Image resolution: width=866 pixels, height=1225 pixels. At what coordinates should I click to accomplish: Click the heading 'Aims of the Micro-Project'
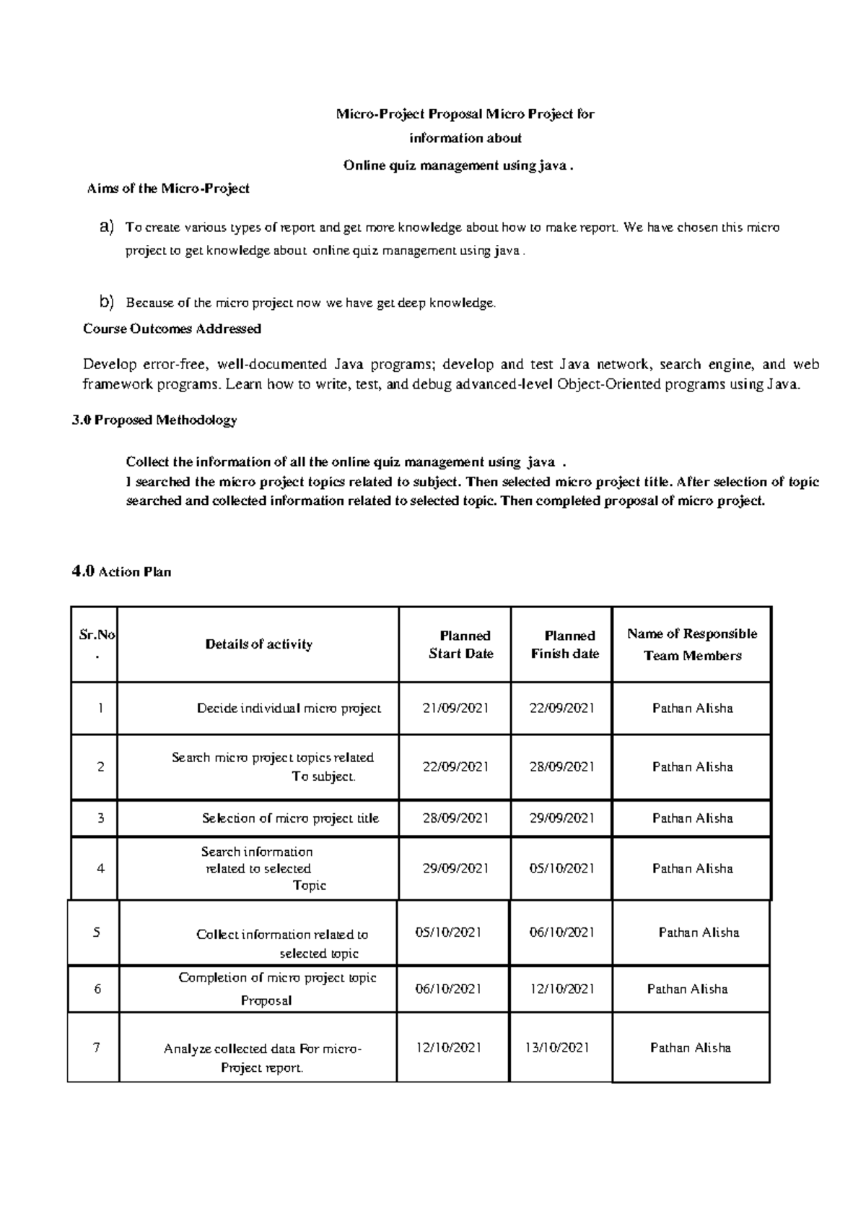click(167, 189)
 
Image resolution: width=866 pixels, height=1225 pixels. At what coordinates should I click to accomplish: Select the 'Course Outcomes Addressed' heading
click(172, 329)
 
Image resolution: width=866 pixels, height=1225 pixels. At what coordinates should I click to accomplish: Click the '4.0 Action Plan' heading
click(121, 571)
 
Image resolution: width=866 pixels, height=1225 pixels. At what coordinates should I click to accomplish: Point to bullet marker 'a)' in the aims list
click(107, 228)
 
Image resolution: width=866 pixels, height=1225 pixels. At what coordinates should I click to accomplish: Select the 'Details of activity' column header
click(258, 644)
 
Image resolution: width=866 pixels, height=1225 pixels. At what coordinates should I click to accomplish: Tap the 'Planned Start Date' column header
click(461, 644)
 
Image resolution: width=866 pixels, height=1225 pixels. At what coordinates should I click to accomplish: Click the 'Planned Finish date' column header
click(565, 644)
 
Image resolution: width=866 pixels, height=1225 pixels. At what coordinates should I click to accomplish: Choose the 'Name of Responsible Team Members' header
click(692, 644)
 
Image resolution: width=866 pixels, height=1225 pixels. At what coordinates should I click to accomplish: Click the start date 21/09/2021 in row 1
click(455, 708)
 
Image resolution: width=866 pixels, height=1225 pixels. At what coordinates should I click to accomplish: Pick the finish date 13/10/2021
click(556, 1047)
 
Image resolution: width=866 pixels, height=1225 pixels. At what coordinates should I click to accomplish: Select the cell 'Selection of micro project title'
click(290, 818)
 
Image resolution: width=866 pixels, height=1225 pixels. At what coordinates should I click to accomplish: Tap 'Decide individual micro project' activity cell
click(289, 708)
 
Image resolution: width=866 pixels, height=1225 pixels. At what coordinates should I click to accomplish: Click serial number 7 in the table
click(96, 1047)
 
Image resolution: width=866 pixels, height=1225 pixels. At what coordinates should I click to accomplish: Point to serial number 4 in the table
click(100, 868)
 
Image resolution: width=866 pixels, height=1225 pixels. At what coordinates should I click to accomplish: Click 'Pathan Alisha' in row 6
click(687, 989)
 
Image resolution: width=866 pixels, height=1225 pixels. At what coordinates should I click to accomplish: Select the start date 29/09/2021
click(455, 868)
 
